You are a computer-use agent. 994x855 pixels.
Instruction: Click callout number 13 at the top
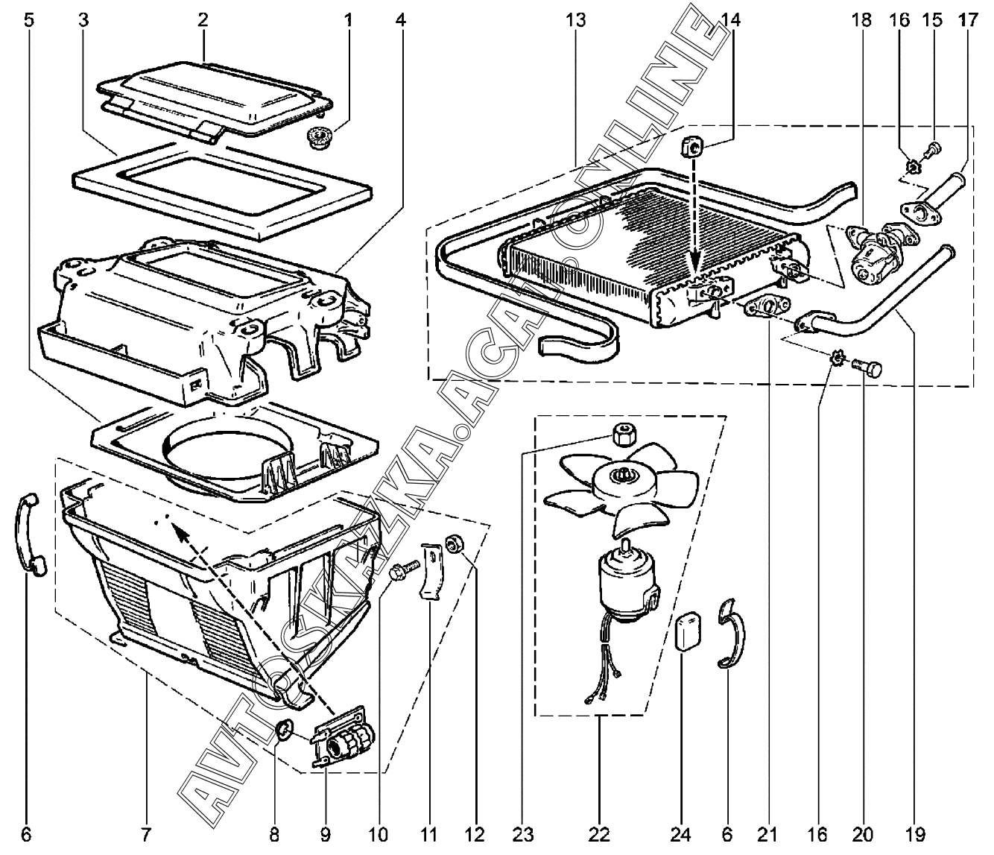(576, 20)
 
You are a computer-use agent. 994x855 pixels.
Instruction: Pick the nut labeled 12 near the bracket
(454, 544)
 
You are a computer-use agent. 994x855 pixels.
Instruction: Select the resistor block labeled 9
(343, 739)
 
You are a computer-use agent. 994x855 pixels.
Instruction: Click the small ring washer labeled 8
(285, 731)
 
